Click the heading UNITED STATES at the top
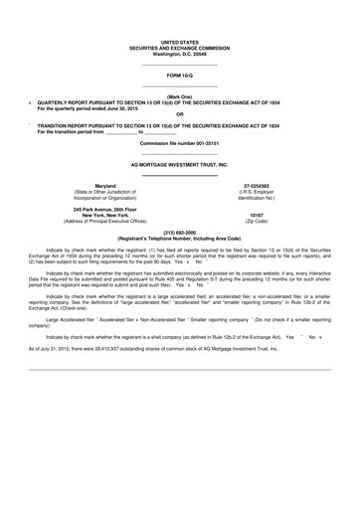pyautogui.click(x=179, y=39)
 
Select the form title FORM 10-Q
pyautogui.click(x=179, y=75)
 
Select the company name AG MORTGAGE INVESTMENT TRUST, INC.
pyautogui.click(x=179, y=163)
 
